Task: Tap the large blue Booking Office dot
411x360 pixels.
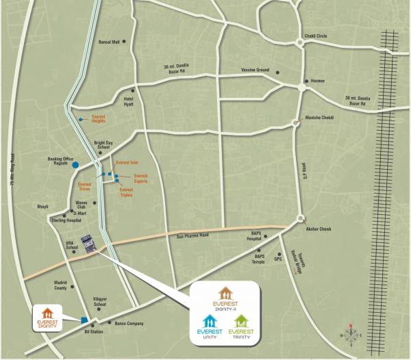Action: coord(75,164)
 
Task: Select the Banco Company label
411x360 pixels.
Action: coord(129,322)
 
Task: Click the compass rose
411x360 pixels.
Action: coord(351,334)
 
